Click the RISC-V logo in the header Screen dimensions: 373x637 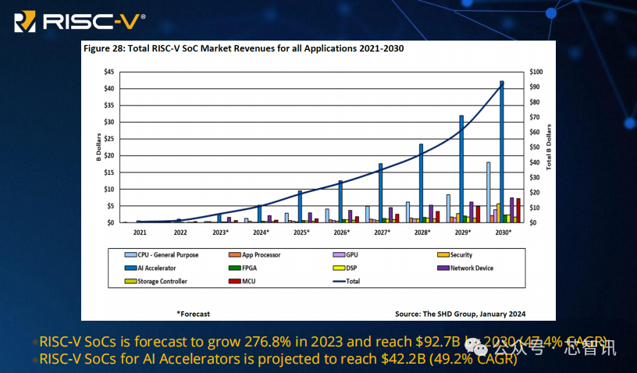coord(79,20)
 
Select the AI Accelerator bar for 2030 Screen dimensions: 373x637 coord(502,152)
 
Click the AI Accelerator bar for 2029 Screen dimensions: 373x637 coord(461,169)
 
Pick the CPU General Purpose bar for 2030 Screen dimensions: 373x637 coord(489,193)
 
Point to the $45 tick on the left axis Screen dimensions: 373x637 coord(109,72)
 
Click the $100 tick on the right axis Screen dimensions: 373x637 coord(537,72)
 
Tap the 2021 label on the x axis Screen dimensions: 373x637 coord(140,233)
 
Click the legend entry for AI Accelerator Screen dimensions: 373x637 coord(156,268)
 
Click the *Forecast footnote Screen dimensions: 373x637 coord(193,314)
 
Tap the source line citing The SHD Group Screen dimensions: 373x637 coord(460,314)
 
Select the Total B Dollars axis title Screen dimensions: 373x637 coord(549,147)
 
